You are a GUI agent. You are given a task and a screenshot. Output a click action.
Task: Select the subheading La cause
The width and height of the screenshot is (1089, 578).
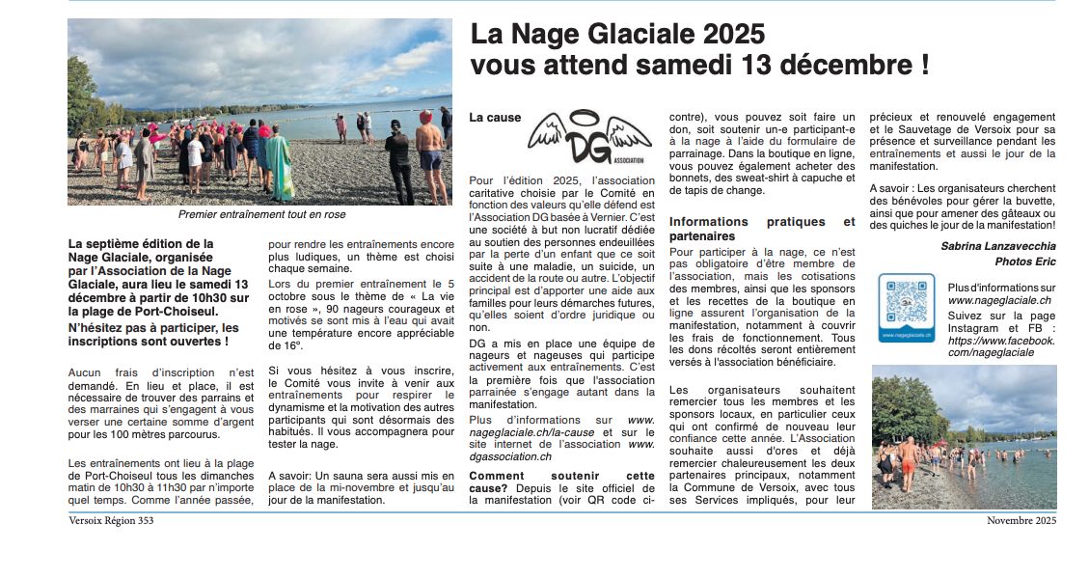(495, 117)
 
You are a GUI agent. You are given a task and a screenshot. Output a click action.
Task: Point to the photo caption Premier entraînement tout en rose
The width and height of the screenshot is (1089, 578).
(260, 214)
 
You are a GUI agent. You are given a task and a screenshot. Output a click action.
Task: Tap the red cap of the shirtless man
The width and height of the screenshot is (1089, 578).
(425, 117)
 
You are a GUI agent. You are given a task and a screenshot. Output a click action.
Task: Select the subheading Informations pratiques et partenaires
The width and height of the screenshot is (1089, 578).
(761, 229)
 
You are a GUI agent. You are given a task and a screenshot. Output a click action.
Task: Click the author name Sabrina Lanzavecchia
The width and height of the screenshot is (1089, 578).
(997, 246)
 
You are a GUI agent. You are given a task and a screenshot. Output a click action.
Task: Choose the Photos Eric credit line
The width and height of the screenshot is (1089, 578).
(1025, 261)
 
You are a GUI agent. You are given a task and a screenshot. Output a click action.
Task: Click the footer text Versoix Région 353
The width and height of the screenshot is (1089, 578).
(111, 521)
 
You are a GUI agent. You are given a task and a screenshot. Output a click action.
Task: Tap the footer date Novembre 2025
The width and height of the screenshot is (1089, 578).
(1021, 521)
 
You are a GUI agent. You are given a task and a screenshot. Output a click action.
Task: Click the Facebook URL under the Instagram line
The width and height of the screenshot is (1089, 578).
(1001, 346)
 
